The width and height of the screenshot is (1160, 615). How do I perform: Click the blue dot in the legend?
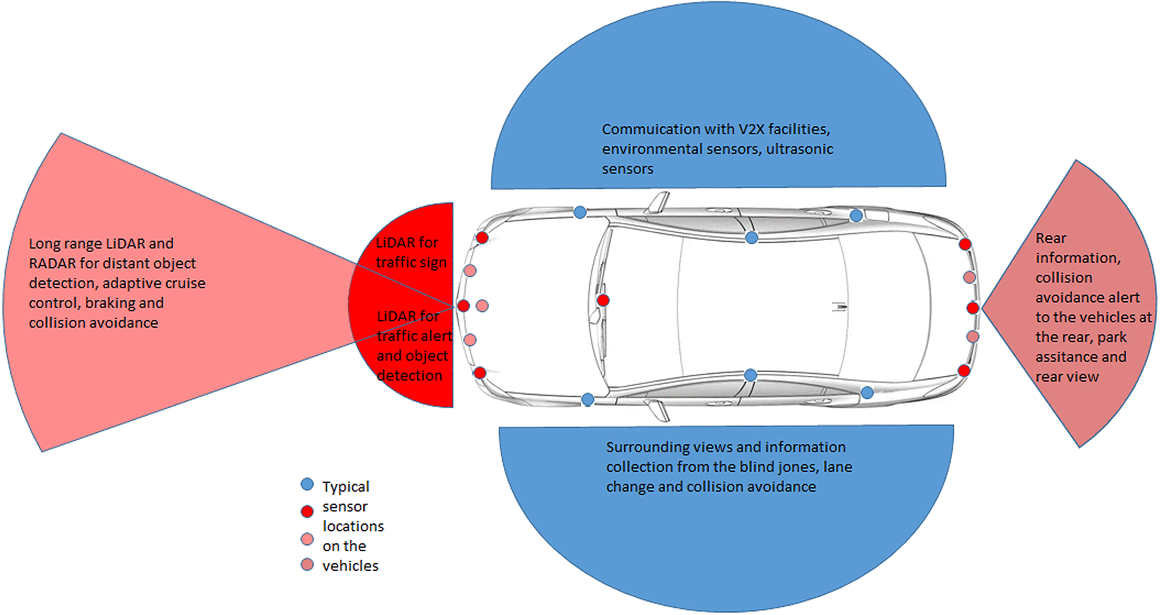(x=307, y=484)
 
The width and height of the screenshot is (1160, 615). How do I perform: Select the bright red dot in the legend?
(x=307, y=512)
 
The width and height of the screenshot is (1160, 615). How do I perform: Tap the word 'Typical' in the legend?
(x=345, y=487)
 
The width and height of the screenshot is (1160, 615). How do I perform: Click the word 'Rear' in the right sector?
(x=1050, y=238)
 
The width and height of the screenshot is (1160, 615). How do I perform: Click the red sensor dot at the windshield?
(x=603, y=300)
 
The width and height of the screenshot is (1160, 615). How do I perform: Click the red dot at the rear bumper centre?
(x=973, y=308)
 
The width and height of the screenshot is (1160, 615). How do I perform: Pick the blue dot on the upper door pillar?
(x=751, y=238)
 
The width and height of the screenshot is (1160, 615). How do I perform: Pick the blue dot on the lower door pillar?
(x=750, y=375)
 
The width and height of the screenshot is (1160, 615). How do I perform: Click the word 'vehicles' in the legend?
(x=350, y=566)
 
